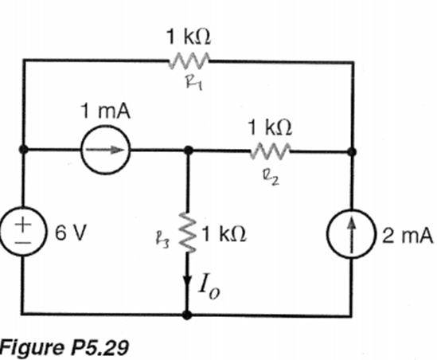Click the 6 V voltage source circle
pyautogui.click(x=2, y=232)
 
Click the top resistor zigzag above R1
pyautogui.click(x=189, y=61)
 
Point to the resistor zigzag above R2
pyautogui.click(x=270, y=151)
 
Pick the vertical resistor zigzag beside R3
pyautogui.click(x=188, y=233)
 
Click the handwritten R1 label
pyautogui.click(x=194, y=84)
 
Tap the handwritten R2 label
pyautogui.click(x=271, y=178)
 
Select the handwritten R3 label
pyautogui.click(x=162, y=241)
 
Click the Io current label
pyautogui.click(x=209, y=288)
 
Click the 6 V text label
pyautogui.click(x=71, y=233)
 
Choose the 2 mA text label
pyautogui.click(x=408, y=235)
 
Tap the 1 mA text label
pyautogui.click(x=106, y=111)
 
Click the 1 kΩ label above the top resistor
pyautogui.click(x=189, y=37)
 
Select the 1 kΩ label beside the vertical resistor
pyautogui.click(x=224, y=233)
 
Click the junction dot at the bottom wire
pyautogui.click(x=187, y=315)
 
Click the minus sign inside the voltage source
pyautogui.click(x=23, y=243)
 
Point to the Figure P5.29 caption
pyautogui.click(x=64, y=347)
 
